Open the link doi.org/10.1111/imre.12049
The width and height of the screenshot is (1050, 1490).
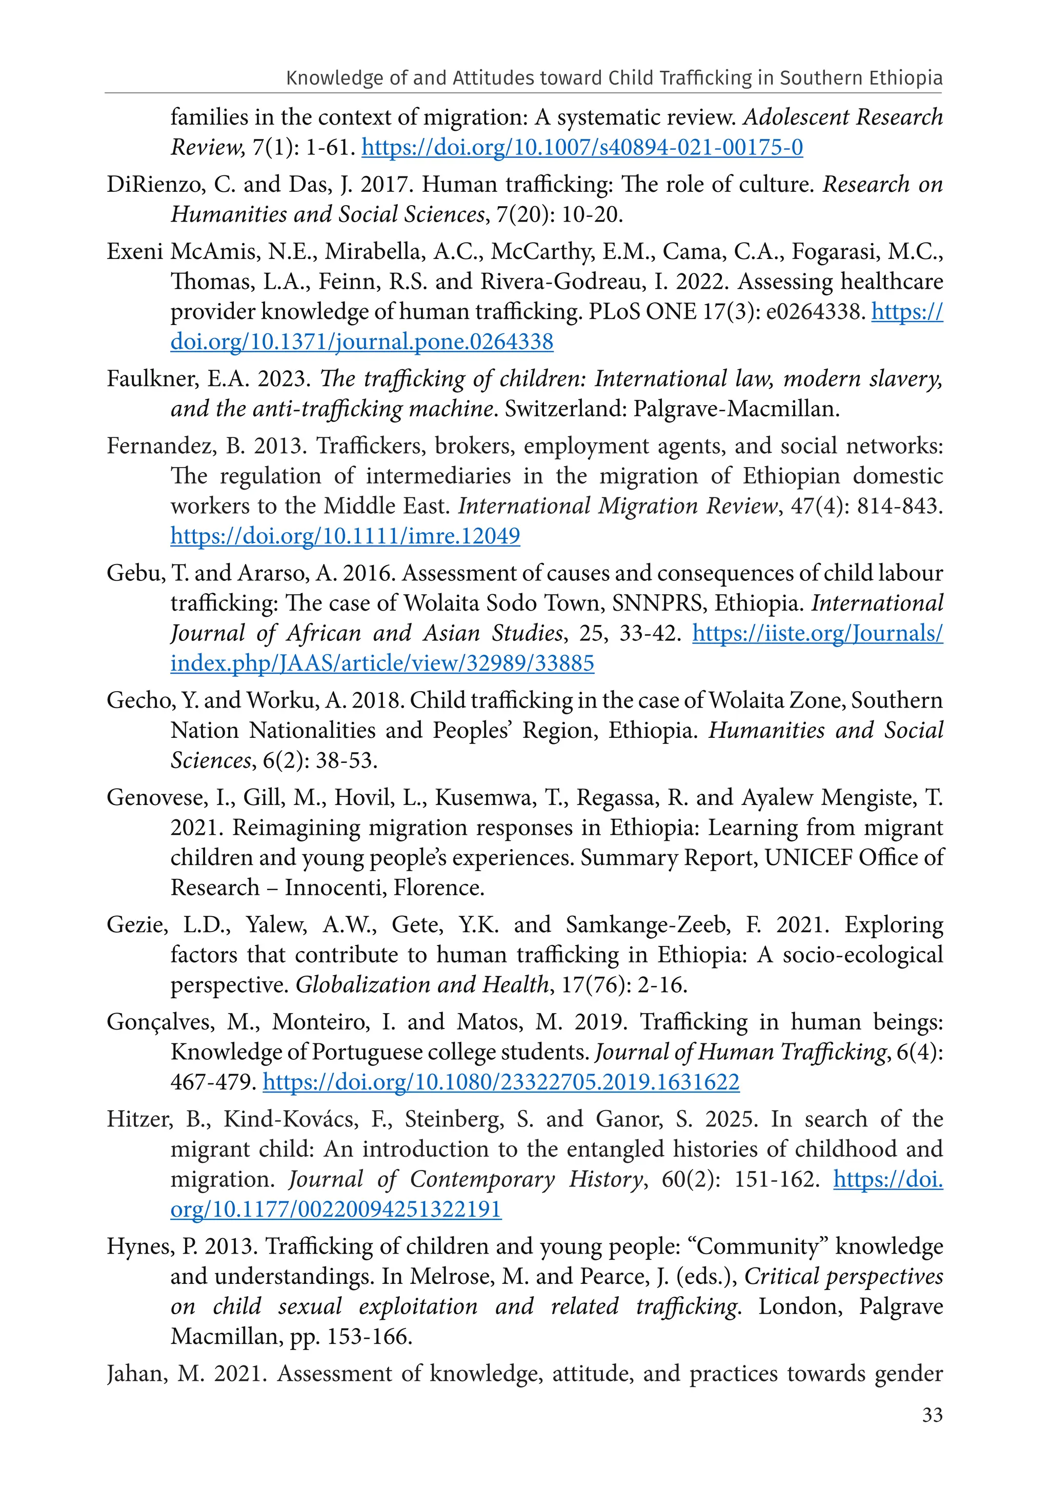(x=345, y=536)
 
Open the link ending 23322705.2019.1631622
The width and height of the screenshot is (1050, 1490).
(x=501, y=1082)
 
